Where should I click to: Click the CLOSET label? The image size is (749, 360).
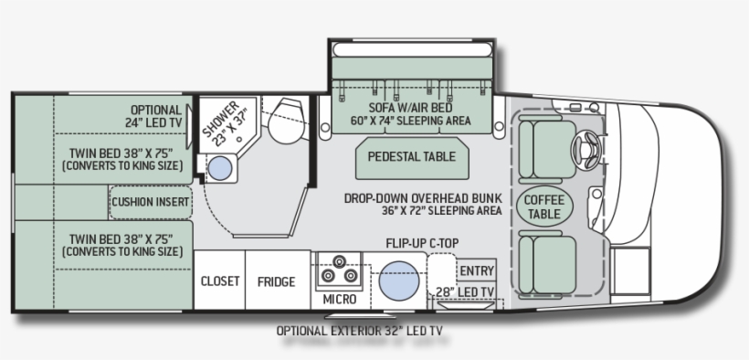[x=220, y=281]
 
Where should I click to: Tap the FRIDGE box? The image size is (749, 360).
[x=275, y=281]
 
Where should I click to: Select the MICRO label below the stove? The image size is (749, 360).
[x=340, y=299]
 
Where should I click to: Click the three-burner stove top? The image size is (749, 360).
[x=339, y=271]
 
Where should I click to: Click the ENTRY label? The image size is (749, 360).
[x=477, y=270]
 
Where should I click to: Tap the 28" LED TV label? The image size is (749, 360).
[x=466, y=291]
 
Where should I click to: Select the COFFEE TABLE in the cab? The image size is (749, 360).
[x=543, y=206]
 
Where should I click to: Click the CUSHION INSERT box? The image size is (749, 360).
[x=151, y=202]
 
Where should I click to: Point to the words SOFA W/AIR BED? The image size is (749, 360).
[x=411, y=106]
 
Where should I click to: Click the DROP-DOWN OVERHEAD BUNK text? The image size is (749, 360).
[x=422, y=197]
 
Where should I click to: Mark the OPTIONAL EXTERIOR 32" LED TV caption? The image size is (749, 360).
[x=365, y=331]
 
